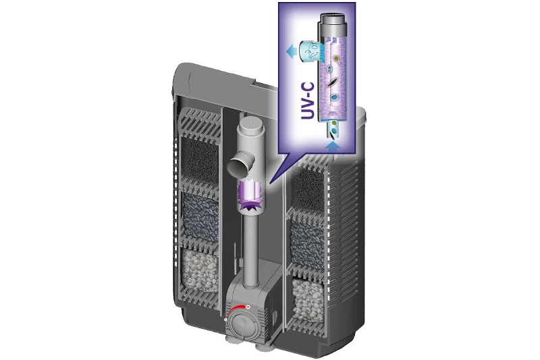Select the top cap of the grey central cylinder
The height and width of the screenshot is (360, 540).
point(251,128)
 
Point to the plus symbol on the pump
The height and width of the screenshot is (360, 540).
point(248,307)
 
